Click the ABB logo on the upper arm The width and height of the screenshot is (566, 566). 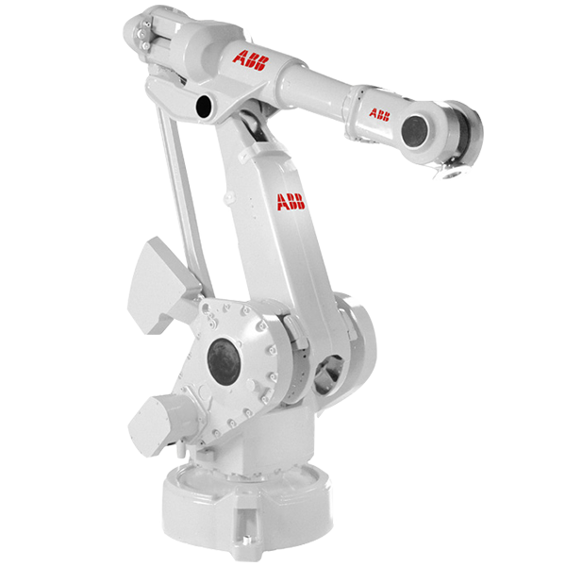pos(251,58)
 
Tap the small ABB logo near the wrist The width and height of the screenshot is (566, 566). pos(379,115)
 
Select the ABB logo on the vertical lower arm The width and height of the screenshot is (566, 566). pos(290,200)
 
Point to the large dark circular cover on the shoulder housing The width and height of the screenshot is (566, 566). pos(225,360)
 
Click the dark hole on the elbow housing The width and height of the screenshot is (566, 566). pos(203,108)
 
